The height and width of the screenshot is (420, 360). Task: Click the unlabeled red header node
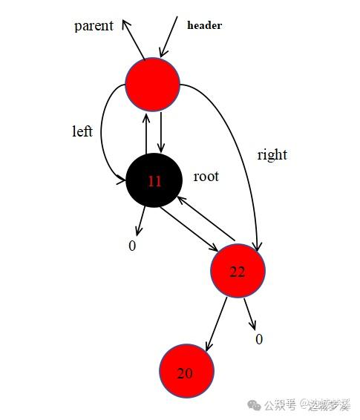point(152,85)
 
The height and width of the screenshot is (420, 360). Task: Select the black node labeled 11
point(154,180)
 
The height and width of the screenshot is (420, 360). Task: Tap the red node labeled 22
point(238,271)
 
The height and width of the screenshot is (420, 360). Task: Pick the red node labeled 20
point(187,371)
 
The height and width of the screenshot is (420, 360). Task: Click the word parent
point(94,26)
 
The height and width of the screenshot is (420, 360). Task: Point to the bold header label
point(205,25)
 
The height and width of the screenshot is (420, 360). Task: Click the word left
point(82,131)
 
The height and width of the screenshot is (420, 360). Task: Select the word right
point(272,155)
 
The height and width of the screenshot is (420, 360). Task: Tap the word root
point(206,177)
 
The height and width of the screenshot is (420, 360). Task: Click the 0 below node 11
point(132,246)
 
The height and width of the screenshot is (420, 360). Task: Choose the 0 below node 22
point(259,339)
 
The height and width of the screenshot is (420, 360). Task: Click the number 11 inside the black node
point(154,181)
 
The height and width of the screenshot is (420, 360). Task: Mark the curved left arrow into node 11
point(102,134)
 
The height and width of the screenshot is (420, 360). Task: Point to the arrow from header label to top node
point(168,36)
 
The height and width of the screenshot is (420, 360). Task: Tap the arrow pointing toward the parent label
point(133,39)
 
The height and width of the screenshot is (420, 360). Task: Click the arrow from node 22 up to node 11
point(206,218)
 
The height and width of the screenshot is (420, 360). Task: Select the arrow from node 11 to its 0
point(140,221)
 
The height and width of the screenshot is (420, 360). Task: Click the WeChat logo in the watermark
point(254,404)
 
